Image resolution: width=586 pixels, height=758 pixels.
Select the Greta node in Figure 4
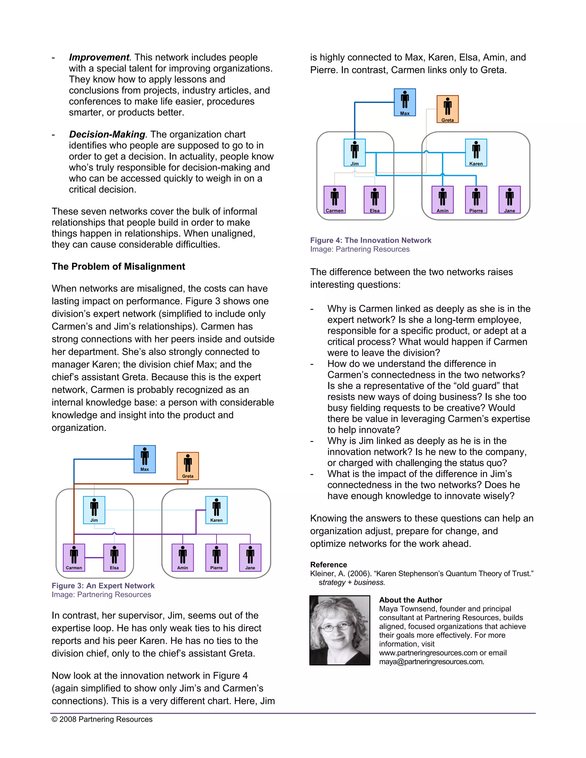[x=448, y=109]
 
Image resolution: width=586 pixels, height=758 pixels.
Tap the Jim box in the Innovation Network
[x=355, y=152]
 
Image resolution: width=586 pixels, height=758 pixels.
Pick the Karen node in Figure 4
[x=476, y=152]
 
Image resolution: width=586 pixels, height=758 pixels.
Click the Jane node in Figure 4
[x=509, y=200]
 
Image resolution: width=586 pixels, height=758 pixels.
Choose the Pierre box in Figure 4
[x=476, y=200]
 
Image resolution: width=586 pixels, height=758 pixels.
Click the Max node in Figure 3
[x=145, y=459]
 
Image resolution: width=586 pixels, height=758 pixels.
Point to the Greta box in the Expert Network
[x=188, y=466]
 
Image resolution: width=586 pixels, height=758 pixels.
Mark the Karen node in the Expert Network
[x=216, y=509]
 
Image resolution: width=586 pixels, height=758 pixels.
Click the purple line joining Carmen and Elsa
[x=94, y=557]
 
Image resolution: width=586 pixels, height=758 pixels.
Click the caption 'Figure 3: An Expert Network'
[x=103, y=586]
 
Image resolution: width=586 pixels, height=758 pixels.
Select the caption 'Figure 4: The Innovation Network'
[x=371, y=240]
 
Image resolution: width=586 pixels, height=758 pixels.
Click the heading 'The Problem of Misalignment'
[x=118, y=266]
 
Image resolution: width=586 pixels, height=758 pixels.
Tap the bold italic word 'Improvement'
[x=99, y=57]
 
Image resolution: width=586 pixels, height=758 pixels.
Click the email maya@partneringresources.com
[x=431, y=662]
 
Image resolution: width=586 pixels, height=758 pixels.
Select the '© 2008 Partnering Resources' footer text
[x=102, y=719]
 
